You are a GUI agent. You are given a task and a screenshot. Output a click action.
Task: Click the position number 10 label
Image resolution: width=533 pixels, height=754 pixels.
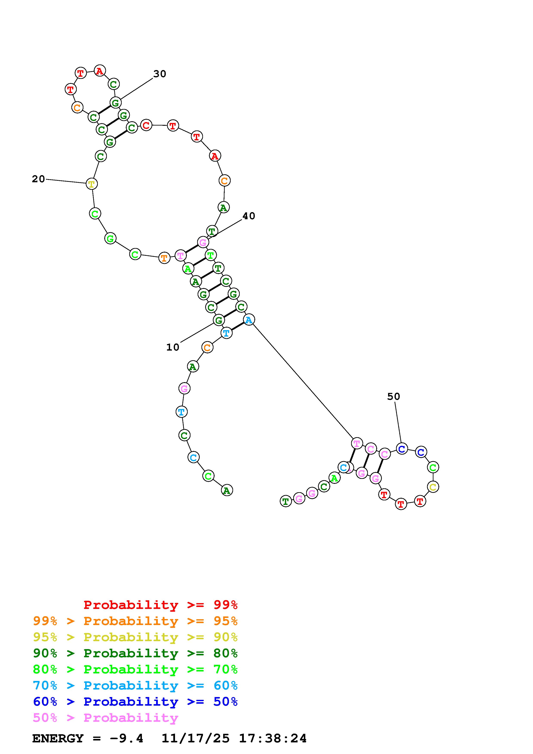tap(173, 347)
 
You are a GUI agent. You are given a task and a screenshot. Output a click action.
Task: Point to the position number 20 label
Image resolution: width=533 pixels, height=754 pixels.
tap(38, 179)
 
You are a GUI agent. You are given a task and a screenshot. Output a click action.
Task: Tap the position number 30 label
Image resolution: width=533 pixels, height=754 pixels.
tap(160, 74)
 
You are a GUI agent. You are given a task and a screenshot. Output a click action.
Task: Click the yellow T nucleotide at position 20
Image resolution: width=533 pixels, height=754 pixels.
tap(91, 184)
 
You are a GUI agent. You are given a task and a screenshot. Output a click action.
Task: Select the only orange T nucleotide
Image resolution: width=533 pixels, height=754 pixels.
tap(164, 258)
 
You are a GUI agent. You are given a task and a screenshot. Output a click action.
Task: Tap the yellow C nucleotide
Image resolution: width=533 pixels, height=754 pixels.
tap(433, 487)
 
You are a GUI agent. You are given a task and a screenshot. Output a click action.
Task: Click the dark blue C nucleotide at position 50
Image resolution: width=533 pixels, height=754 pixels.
tap(402, 449)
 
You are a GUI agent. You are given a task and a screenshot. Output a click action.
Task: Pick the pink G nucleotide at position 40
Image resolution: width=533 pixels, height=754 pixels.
tap(203, 243)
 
